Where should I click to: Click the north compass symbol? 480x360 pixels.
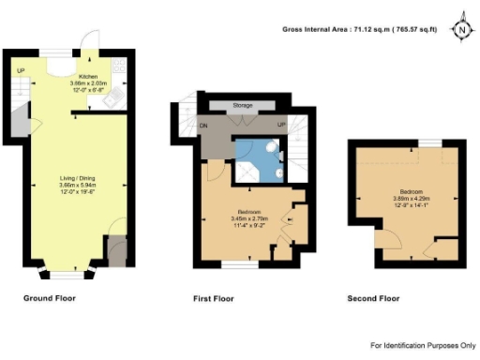point(461,29)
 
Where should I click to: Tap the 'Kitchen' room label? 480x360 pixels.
point(88,76)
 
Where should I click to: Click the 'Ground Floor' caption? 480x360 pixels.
point(49,298)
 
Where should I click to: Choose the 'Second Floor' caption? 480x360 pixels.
point(374,298)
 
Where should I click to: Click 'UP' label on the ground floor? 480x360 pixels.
point(21,71)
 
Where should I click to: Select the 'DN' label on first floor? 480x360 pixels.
point(202,125)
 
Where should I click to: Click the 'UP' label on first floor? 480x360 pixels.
point(279,125)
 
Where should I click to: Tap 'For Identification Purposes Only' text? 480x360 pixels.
point(423,346)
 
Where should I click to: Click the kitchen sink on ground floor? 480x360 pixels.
point(118,67)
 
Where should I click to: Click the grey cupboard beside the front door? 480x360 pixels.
point(115,250)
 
